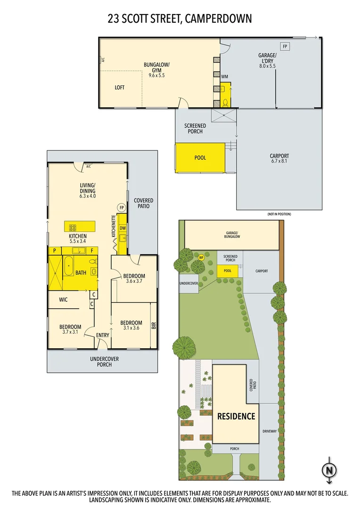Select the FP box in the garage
[x=285, y=46]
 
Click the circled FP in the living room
[x=121, y=207]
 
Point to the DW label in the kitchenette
[x=123, y=228]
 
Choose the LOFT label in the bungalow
[x=120, y=88]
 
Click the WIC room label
[x=64, y=299]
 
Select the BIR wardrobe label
[x=154, y=325]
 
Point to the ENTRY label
[x=103, y=335]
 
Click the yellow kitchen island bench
[x=80, y=226]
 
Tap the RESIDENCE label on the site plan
[x=236, y=416]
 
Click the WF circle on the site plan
[x=201, y=257]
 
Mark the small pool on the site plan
[x=228, y=271]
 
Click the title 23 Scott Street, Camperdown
[x=180, y=19]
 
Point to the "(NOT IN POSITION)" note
[x=279, y=214]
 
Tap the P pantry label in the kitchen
[x=55, y=250]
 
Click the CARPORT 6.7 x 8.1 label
[x=279, y=158]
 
